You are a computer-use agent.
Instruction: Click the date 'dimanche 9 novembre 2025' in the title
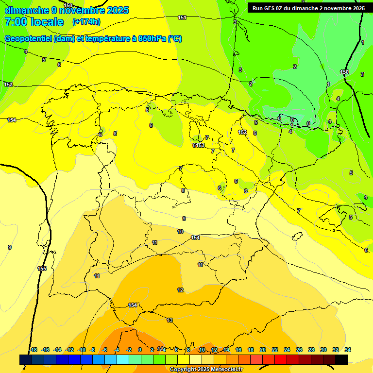(x=67, y=10)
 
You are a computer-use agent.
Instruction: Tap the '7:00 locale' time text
(x=34, y=22)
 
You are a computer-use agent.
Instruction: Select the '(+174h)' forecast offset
(x=86, y=22)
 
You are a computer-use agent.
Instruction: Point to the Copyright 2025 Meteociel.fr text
(x=206, y=370)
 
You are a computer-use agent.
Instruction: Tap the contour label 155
(x=42, y=269)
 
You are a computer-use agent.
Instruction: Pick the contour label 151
(x=182, y=17)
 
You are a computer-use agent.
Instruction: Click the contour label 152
(x=242, y=132)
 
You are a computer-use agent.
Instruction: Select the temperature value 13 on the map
(x=170, y=320)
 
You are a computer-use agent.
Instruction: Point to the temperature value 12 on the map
(x=180, y=290)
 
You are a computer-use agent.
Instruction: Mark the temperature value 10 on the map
(x=180, y=232)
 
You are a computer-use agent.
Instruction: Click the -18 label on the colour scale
(x=33, y=350)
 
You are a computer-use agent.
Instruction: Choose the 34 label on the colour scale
(x=348, y=350)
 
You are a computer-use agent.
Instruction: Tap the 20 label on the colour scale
(x=263, y=350)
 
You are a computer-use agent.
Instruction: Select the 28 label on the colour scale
(x=311, y=350)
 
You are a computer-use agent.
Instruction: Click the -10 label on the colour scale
(x=82, y=350)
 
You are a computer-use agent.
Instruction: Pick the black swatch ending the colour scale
(x=341, y=359)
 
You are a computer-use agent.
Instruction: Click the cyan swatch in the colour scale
(x=123, y=359)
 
